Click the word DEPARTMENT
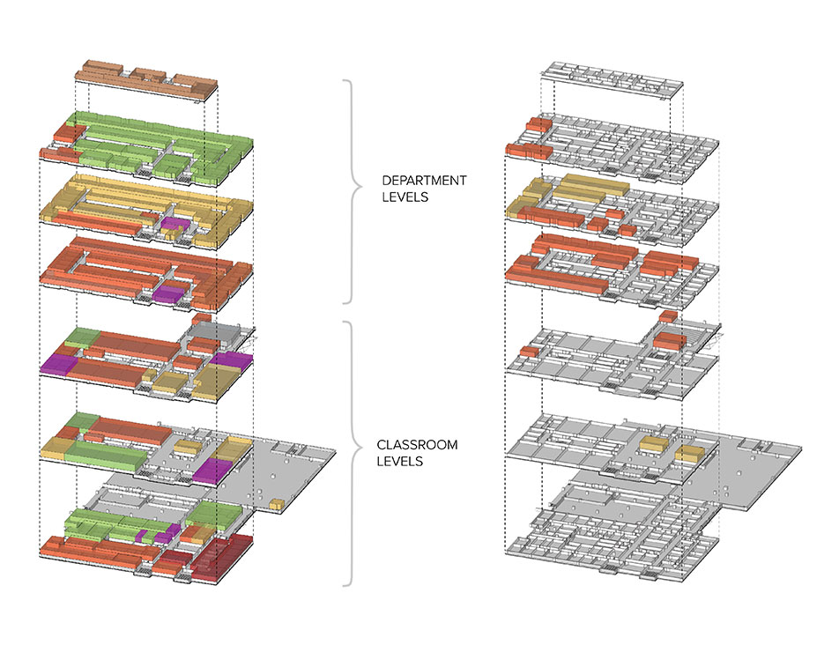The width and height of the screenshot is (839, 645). [424, 181]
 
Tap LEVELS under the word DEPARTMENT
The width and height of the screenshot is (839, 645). [405, 197]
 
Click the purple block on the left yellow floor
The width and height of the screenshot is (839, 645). [174, 224]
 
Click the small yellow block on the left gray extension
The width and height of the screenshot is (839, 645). [277, 505]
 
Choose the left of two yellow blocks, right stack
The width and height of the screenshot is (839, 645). [652, 445]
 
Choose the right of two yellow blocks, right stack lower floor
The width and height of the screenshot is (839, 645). [690, 454]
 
